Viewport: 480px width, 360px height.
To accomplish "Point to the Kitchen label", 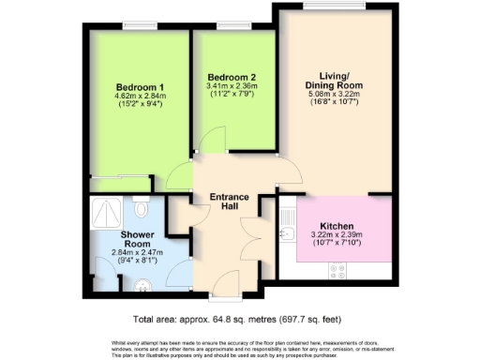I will (337, 226).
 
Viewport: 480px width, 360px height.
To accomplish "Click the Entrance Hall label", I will (228, 201).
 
